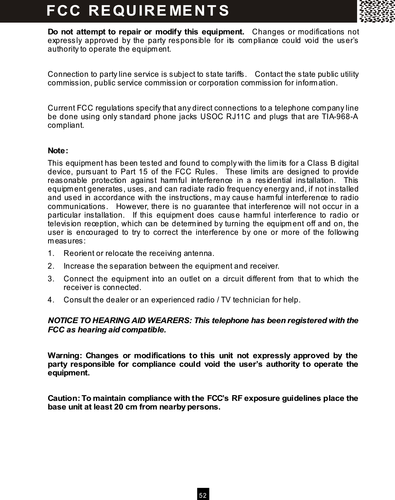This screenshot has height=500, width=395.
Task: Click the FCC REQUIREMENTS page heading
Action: pyautogui.click(x=138, y=10)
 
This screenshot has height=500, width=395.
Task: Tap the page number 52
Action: pyautogui.click(x=203, y=496)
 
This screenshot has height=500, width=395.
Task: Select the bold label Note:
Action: pyautogui.click(x=58, y=150)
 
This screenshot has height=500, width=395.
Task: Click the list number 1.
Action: pyautogui.click(x=51, y=254)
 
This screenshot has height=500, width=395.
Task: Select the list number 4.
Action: pyautogui.click(x=51, y=300)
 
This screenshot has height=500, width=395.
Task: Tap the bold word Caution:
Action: pyautogui.click(x=64, y=399)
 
